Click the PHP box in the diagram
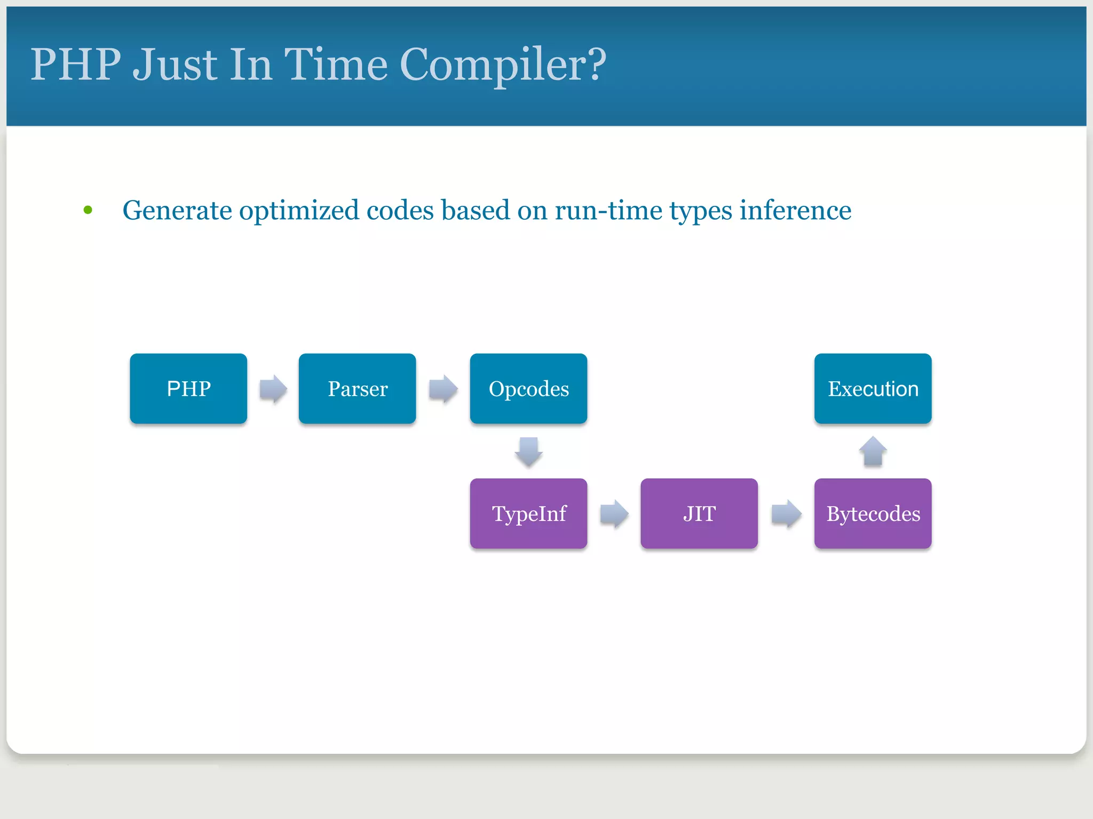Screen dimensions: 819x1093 (x=188, y=389)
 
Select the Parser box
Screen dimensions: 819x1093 (x=357, y=389)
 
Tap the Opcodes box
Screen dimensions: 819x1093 (x=528, y=389)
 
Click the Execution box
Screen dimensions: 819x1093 (x=873, y=389)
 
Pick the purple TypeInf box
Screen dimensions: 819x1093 (x=528, y=513)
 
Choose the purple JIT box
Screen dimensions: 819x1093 (x=699, y=513)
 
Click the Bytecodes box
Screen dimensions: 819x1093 (x=873, y=513)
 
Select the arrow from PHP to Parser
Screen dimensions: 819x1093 (x=273, y=389)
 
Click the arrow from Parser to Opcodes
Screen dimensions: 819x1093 (x=443, y=389)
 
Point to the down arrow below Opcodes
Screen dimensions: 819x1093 (x=528, y=452)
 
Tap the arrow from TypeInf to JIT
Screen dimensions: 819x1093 (x=614, y=513)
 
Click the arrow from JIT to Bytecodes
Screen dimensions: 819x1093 (x=786, y=513)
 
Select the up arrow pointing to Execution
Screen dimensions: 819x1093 (x=873, y=452)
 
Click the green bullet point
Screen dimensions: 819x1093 (x=88, y=210)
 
